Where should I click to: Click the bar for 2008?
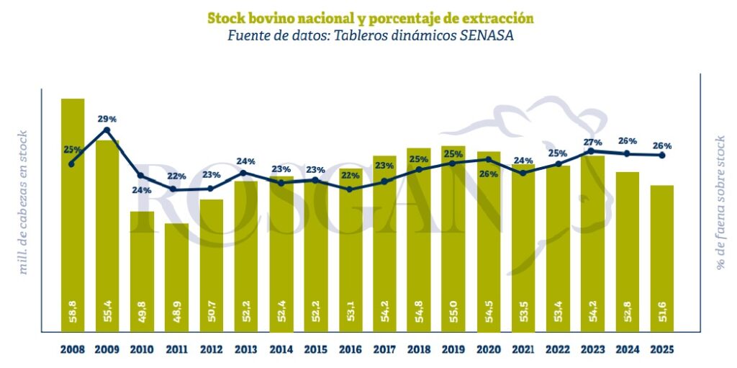coord(73,216)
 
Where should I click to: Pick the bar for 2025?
coord(661,259)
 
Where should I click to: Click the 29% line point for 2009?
coord(107,130)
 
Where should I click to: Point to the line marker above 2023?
coord(592,151)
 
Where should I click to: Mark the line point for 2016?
coord(350,189)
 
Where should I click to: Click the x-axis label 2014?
coord(281,351)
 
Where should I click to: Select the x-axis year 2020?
coord(488,351)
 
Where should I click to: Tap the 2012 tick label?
coord(212,351)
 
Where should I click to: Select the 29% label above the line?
coord(107,118)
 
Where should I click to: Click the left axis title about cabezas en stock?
coord(24,202)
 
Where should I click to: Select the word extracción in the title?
coord(495,17)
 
